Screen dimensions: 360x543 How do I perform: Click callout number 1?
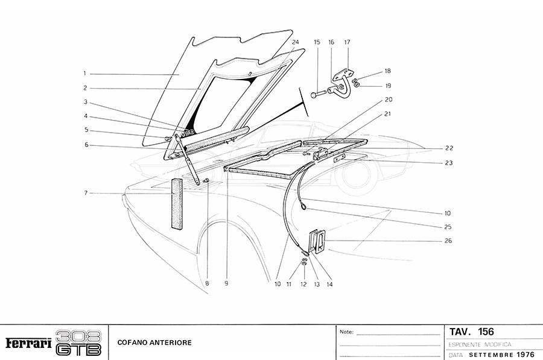85,74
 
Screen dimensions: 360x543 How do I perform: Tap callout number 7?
86,193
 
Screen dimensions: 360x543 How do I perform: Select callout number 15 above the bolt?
317,42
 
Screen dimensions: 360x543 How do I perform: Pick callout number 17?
347,42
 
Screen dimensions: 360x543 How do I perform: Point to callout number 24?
295,42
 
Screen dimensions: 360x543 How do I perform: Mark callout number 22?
449,148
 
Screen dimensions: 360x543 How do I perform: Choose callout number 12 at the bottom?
303,284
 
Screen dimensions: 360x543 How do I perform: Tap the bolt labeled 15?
319,94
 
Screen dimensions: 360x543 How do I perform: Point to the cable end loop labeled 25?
303,209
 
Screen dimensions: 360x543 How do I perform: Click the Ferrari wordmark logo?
28,343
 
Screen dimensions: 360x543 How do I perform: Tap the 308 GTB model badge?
78,343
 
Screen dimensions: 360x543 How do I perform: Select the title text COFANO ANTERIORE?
154,343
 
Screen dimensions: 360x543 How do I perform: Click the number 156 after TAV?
486,332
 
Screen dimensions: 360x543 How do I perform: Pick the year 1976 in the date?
518,354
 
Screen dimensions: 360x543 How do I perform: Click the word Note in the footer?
346,332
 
